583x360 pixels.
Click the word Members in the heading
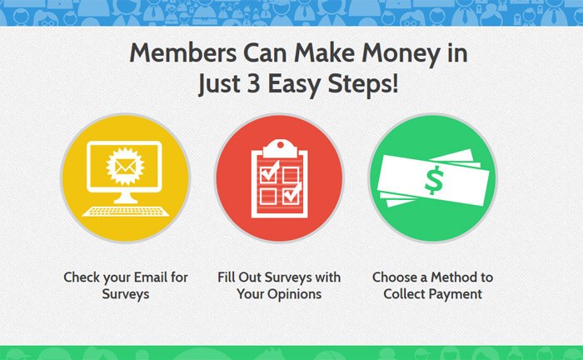point(183,52)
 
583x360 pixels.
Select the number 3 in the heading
point(253,83)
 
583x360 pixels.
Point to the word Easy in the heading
point(294,85)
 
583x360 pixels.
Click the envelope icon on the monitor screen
point(125,166)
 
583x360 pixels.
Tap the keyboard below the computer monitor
point(125,211)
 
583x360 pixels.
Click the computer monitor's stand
point(125,197)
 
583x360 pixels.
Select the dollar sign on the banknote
point(434,180)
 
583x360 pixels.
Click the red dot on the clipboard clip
point(281,145)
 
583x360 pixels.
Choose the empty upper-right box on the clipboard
point(291,175)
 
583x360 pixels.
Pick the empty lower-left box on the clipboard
point(267,197)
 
